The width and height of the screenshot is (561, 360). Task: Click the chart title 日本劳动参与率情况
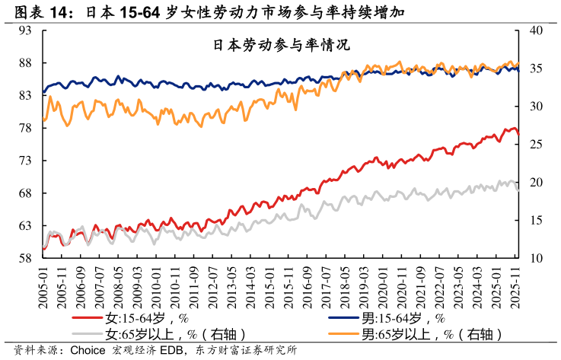pyautogui.click(x=281, y=44)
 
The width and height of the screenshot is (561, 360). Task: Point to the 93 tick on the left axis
pyautogui.click(x=26, y=30)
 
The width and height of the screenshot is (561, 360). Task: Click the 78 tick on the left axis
pyautogui.click(x=26, y=128)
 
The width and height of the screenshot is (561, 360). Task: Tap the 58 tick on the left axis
pyautogui.click(x=26, y=259)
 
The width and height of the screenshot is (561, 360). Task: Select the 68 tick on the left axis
pyautogui.click(x=26, y=193)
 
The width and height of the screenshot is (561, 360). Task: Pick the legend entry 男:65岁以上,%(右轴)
pyautogui.click(x=432, y=333)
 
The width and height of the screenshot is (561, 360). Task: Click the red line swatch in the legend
pyautogui.click(x=88, y=319)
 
